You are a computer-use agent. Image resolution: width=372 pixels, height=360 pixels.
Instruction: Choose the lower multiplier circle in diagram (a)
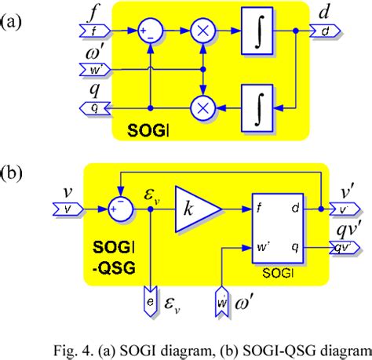203,107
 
